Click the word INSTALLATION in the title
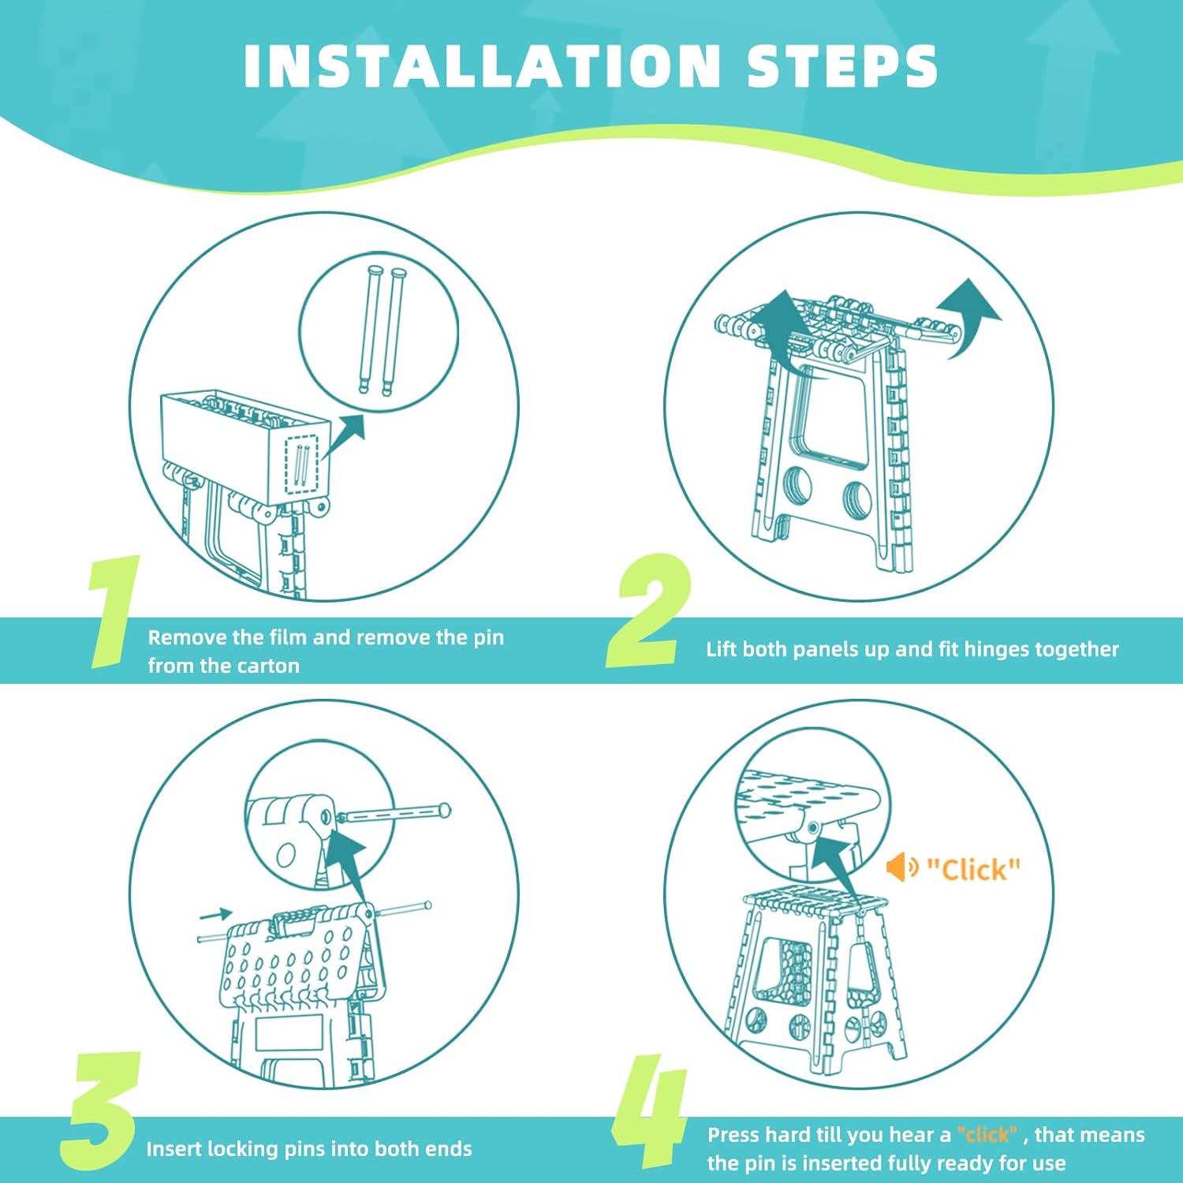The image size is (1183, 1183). click(481, 65)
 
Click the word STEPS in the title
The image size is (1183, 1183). click(842, 65)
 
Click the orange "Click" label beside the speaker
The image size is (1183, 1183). click(973, 869)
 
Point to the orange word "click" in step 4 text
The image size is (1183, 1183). click(987, 1135)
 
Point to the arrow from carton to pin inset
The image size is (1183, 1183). click(342, 436)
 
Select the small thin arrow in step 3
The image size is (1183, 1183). click(215, 915)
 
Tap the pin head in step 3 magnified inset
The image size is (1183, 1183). click(445, 810)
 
